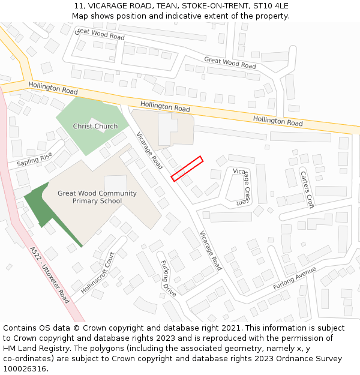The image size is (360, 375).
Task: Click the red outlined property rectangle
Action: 187,169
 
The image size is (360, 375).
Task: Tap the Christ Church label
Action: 95,126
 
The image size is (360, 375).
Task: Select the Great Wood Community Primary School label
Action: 97,197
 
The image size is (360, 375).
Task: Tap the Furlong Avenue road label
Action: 294,278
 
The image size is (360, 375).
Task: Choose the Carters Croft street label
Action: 306,190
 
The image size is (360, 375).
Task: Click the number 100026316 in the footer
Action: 25,368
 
